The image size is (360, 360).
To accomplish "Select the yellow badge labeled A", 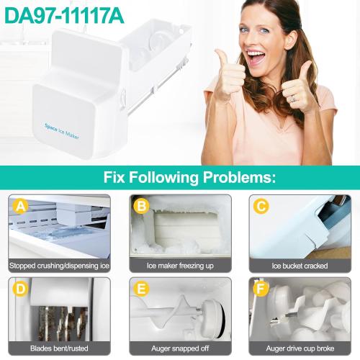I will tap(22, 207).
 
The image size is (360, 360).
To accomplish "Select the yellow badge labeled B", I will tap(142, 207).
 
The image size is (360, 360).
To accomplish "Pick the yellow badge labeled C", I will tap(261, 207).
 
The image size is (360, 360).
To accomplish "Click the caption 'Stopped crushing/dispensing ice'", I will tap(60, 266).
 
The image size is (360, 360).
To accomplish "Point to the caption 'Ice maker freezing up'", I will tap(180, 266).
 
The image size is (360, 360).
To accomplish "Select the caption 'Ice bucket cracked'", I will tap(300, 266).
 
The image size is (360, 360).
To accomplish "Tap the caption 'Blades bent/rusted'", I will tap(60, 348).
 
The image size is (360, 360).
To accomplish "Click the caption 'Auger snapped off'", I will tap(180, 348).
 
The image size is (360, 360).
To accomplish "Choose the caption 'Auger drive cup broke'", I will tap(300, 348).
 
